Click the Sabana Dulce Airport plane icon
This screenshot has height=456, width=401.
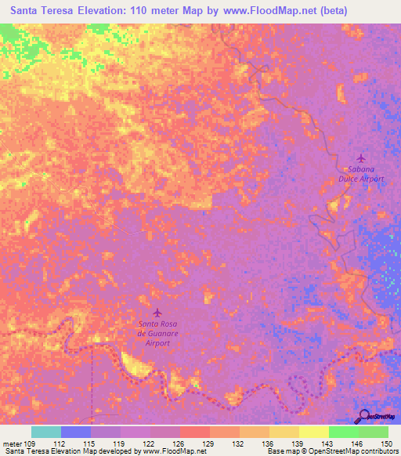click(x=360, y=158)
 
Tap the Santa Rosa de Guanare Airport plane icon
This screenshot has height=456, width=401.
click(x=158, y=313)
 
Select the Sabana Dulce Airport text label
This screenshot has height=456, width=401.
click(x=361, y=174)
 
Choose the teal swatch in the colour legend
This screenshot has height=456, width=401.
click(x=46, y=432)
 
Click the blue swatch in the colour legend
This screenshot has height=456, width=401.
click(x=76, y=432)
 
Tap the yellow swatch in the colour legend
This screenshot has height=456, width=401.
click(x=313, y=432)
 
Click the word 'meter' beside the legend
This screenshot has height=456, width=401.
click(x=13, y=443)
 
